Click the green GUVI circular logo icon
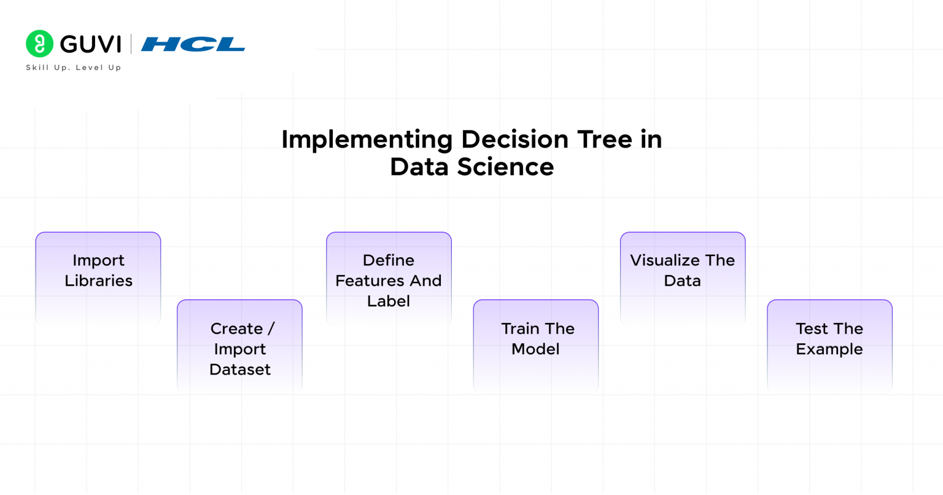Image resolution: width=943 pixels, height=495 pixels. pyautogui.click(x=40, y=44)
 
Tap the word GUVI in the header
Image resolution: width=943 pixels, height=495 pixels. pyautogui.click(x=90, y=44)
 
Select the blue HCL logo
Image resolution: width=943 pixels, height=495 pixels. pyautogui.click(x=193, y=44)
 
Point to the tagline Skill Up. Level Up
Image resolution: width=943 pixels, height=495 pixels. pyautogui.click(x=73, y=68)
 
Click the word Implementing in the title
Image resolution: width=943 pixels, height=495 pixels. pyautogui.click(x=367, y=140)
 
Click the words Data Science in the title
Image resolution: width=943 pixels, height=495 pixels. pyautogui.click(x=471, y=167)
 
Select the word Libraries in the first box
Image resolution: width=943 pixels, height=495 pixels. pyautogui.click(x=98, y=281)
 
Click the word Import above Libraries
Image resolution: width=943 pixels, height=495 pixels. pyautogui.click(x=98, y=260)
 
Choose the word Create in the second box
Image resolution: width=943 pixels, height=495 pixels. pyautogui.click(x=236, y=329)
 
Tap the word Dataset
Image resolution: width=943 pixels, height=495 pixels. pyautogui.click(x=239, y=370)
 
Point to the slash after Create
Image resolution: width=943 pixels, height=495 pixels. pyautogui.click(x=271, y=329)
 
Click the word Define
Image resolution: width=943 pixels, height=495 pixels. pyautogui.click(x=388, y=260)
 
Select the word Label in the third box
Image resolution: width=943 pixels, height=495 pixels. pyautogui.click(x=388, y=301)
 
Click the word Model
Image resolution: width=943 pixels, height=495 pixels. pyautogui.click(x=535, y=349)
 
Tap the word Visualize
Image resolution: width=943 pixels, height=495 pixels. pyautogui.click(x=665, y=260)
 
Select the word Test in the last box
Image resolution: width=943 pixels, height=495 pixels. pyautogui.click(x=812, y=329)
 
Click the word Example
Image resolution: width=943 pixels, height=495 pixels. pyautogui.click(x=829, y=349)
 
